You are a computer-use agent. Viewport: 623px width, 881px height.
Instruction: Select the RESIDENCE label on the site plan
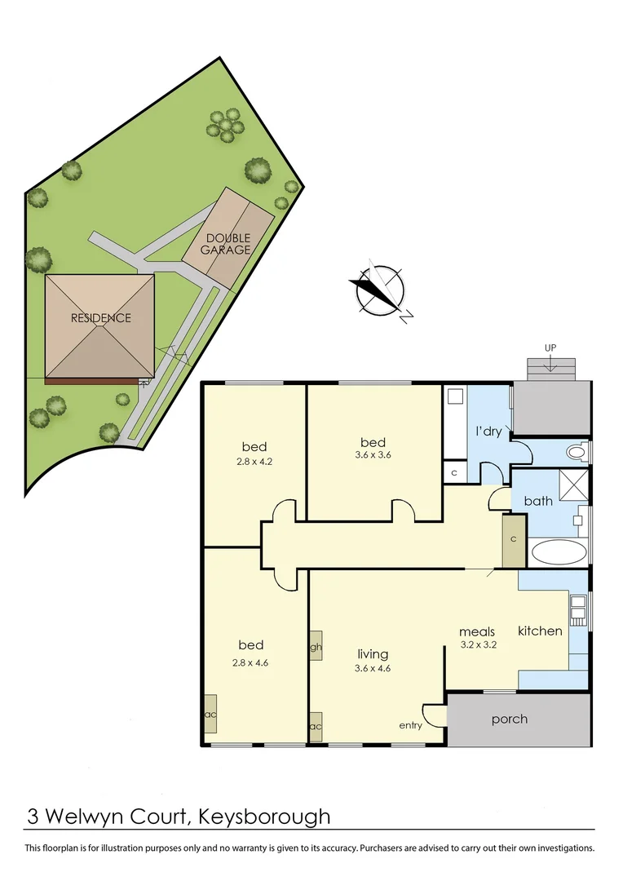pos(100,317)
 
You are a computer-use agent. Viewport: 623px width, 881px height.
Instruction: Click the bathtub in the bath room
pos(558,552)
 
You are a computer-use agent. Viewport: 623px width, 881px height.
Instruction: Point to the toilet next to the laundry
pos(577,451)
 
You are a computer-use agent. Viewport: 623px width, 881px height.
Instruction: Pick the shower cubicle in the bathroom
pos(574,485)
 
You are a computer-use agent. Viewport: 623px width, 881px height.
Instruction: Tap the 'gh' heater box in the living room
pos(316,647)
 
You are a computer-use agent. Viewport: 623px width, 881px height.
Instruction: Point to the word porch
pos(509,719)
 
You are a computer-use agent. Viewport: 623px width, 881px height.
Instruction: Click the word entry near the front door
pos(410,724)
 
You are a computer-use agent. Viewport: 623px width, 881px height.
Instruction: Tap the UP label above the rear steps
pos(550,348)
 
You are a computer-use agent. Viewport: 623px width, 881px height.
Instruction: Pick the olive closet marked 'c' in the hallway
pos(514,540)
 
